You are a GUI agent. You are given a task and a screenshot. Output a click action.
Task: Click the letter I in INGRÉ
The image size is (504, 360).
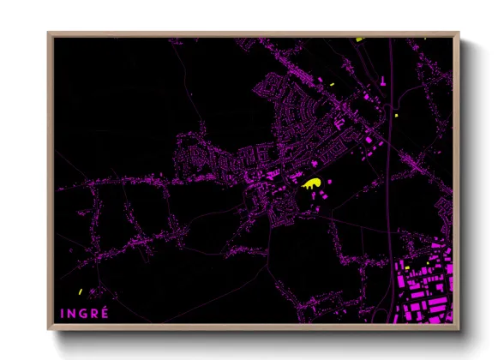[x=63, y=314]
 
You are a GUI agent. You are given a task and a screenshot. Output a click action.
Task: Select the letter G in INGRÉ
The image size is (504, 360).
[x=83, y=314]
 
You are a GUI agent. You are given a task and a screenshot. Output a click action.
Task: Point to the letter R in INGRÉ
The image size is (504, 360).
[x=94, y=314]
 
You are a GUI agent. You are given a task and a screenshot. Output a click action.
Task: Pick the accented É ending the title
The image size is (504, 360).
[x=105, y=314]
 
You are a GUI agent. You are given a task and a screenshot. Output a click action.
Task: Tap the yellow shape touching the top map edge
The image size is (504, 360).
[x=359, y=39]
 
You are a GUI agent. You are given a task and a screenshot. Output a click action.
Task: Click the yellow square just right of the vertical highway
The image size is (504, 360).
[x=397, y=114]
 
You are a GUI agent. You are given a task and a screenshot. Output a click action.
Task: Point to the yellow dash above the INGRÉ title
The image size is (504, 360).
[x=79, y=291]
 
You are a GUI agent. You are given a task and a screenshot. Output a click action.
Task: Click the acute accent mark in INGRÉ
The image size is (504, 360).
[x=105, y=307]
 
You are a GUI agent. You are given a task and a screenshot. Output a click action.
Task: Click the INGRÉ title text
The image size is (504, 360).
[x=83, y=314]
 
